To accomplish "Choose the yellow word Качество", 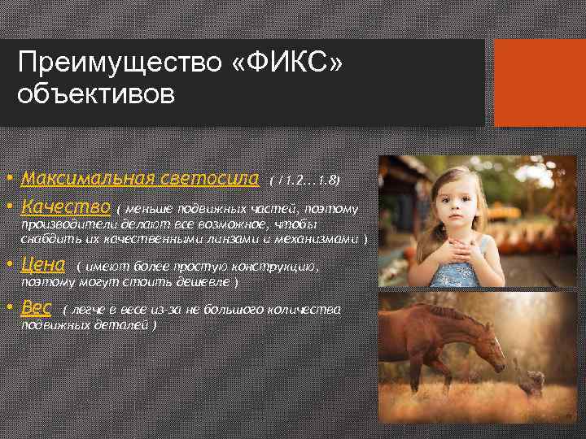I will [66, 206].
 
